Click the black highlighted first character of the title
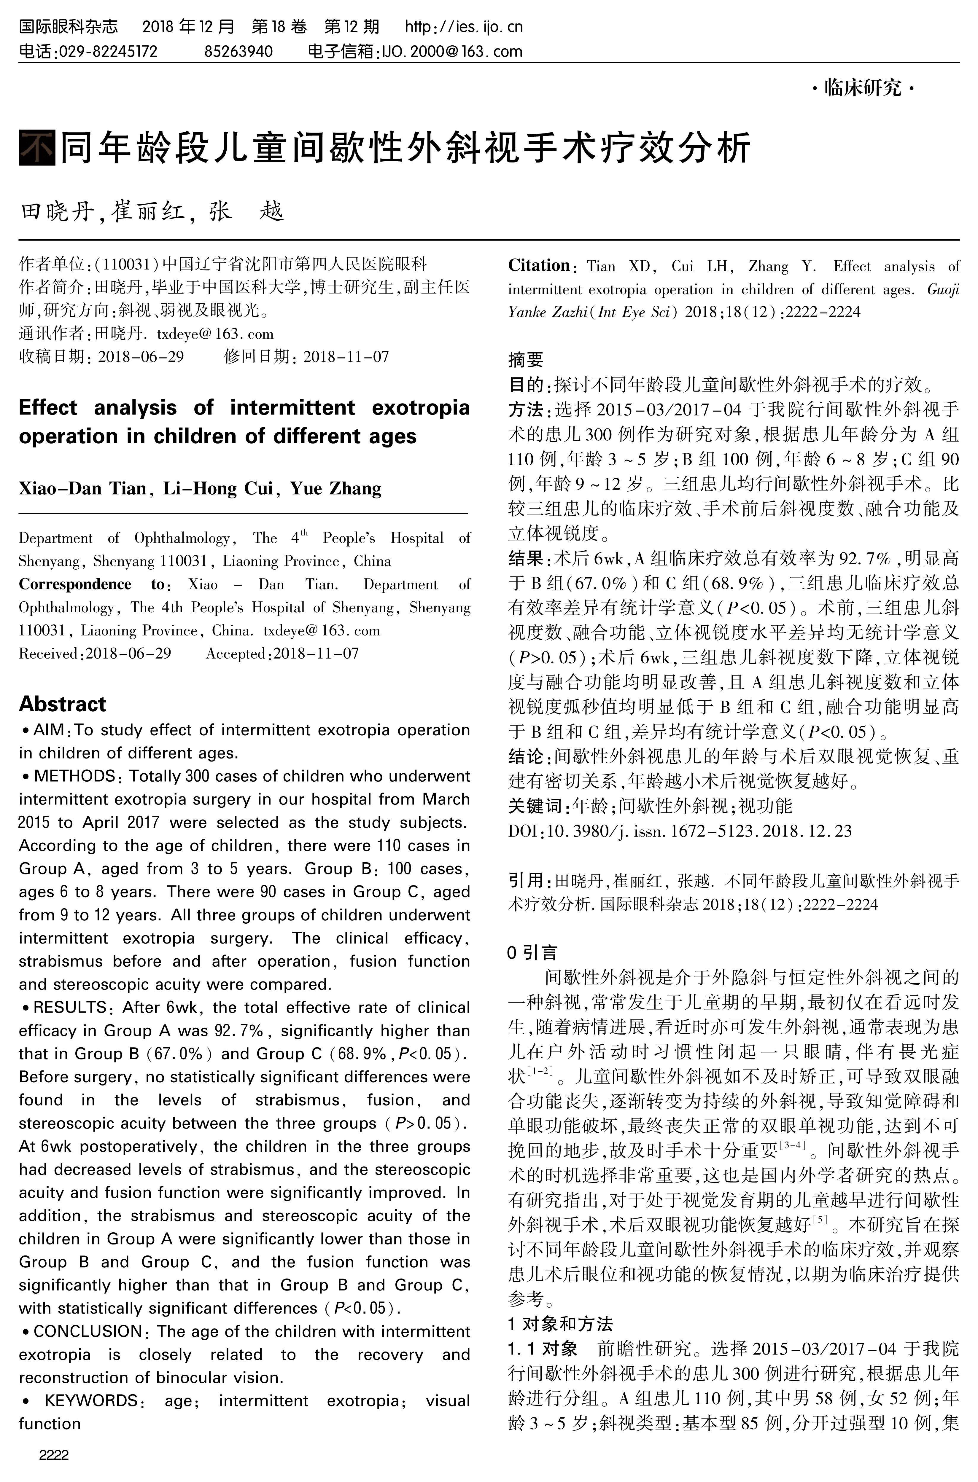[x=37, y=148]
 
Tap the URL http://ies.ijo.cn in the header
[x=463, y=27]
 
